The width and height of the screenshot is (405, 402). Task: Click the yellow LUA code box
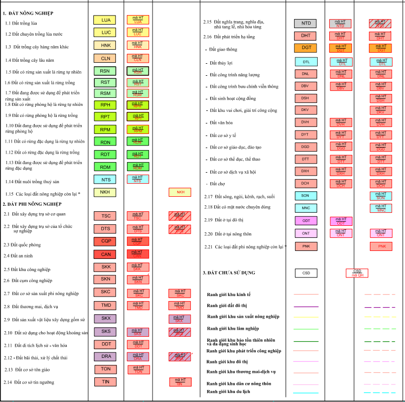click(x=105, y=20)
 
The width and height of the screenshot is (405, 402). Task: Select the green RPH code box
click(x=105, y=105)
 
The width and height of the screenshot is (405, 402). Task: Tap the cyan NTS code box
click(x=105, y=179)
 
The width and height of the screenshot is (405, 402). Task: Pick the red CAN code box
click(x=106, y=254)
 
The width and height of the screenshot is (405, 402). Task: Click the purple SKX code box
click(x=106, y=318)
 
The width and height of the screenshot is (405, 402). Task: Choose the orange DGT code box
click(x=306, y=48)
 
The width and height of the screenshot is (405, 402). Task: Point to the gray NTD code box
click(x=306, y=23)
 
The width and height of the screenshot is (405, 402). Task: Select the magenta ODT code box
click(x=306, y=220)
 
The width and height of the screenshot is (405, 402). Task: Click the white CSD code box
click(x=306, y=273)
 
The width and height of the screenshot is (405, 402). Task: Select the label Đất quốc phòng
click(x=22, y=244)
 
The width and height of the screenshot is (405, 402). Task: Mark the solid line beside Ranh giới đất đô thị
click(x=306, y=306)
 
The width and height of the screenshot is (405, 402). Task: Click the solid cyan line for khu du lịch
click(x=306, y=392)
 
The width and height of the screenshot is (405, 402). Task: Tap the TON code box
click(x=106, y=369)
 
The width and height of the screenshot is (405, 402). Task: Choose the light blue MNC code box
click(x=306, y=208)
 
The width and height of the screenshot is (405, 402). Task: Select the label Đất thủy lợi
click(x=221, y=63)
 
